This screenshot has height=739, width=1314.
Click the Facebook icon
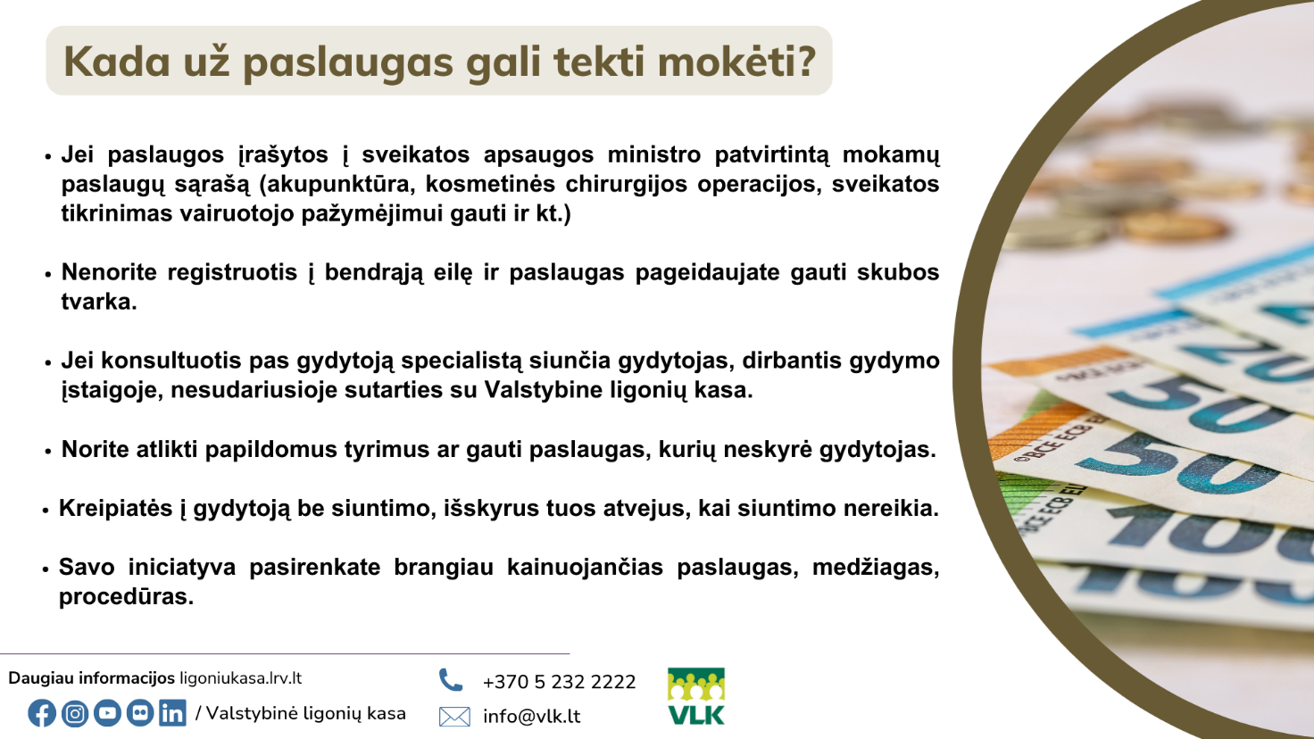point(42,713)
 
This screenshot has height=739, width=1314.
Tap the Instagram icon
point(74,713)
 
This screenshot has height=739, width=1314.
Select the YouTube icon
point(107,713)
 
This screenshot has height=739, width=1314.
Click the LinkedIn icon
point(172,713)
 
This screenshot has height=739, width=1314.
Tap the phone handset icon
point(451,680)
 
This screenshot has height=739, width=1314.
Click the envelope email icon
point(454,717)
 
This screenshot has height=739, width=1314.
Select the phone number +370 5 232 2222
point(559,682)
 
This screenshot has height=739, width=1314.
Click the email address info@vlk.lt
point(531,716)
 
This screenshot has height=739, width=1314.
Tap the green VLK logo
point(696,696)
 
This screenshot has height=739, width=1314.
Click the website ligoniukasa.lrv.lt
point(240,678)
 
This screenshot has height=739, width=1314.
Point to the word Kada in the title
point(117,61)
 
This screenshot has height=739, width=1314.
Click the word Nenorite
point(109,272)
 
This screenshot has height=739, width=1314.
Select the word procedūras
point(126,597)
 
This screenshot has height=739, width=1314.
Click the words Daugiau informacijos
point(92,678)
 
